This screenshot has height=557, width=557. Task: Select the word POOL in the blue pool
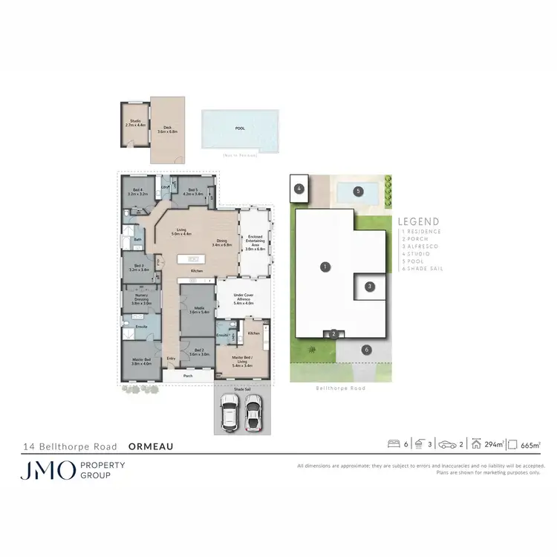coord(239,128)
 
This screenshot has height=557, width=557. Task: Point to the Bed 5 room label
coord(192,192)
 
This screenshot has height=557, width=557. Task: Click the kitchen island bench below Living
coord(189,259)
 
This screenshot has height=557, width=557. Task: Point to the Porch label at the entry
coord(188,376)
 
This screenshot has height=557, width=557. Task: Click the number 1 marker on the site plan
coord(324,266)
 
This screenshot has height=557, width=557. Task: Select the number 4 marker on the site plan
coord(299,189)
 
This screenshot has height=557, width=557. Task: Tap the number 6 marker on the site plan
coord(365,349)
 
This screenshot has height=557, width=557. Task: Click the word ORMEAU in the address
coord(151,447)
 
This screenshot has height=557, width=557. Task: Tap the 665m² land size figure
coord(530,444)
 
